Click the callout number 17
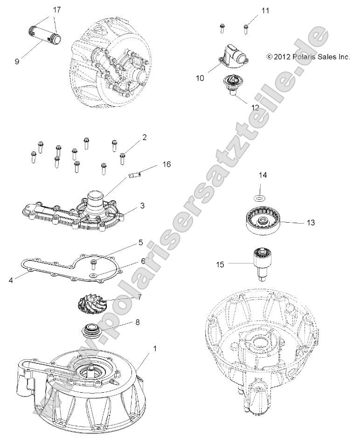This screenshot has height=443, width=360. (x=56, y=10)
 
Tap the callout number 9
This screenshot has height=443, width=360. (x=17, y=61)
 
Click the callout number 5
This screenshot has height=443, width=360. (x=140, y=242)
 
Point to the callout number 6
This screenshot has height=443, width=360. (x=143, y=261)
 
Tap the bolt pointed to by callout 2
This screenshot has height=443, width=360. (x=123, y=158)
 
